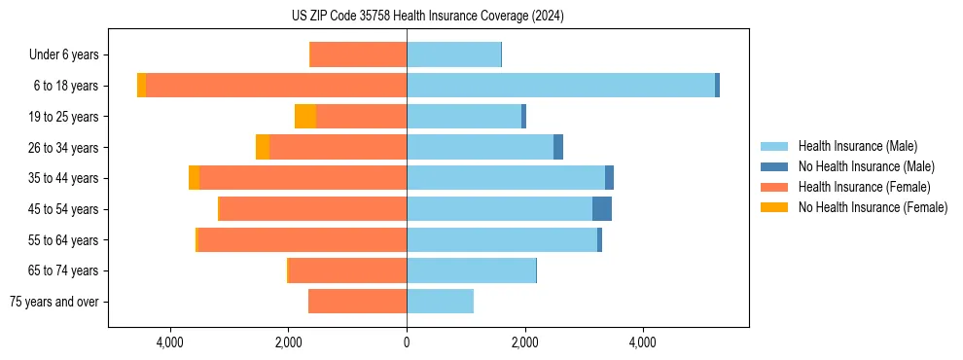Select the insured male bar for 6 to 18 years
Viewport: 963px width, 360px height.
coord(560,86)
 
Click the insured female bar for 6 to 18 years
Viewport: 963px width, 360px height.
coord(276,86)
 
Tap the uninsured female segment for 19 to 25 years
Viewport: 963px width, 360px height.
coord(305,117)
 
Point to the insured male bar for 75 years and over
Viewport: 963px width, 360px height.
coord(440,302)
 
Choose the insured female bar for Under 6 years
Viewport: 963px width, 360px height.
coord(358,55)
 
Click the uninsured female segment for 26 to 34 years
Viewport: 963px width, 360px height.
coord(263,148)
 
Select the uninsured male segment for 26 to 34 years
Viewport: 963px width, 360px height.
coord(558,148)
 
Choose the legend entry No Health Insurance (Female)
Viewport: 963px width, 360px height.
coord(873,207)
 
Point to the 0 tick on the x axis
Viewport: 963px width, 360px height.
coord(407,342)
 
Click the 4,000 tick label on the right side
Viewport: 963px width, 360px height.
coord(643,342)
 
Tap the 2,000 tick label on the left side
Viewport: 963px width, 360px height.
coord(289,342)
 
